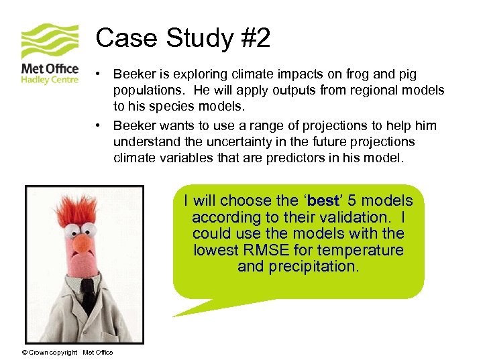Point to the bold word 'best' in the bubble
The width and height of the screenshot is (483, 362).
pos(323,201)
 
